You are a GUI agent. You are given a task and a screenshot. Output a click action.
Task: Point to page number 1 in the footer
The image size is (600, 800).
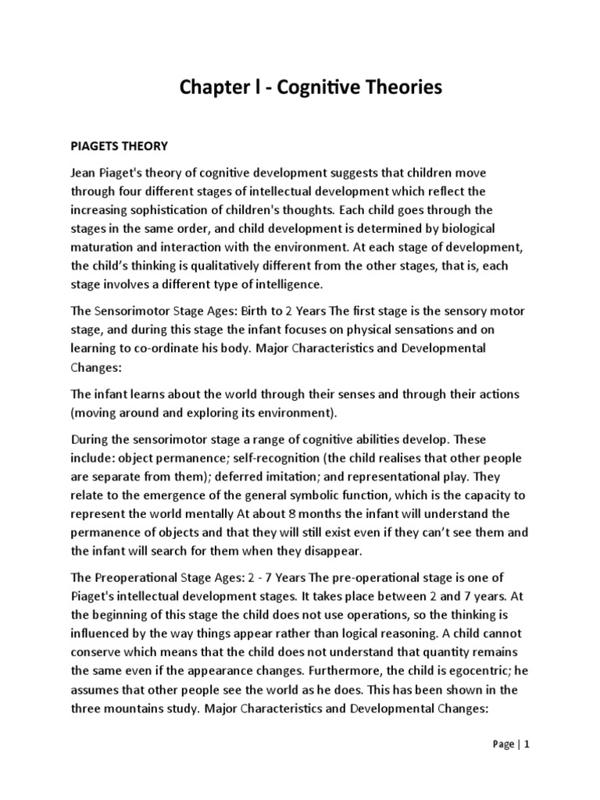point(527,745)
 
